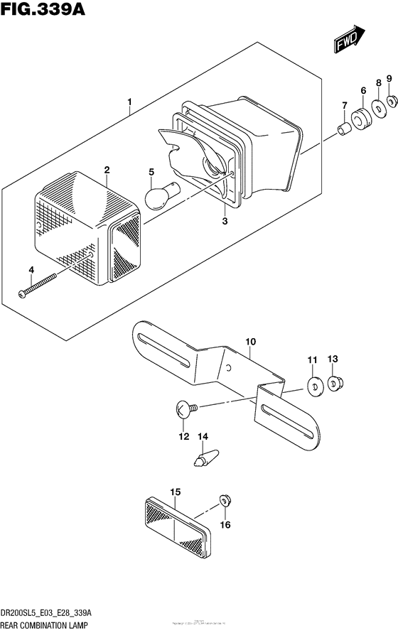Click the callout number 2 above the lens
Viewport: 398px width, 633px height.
tap(107, 170)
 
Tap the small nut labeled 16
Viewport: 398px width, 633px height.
tap(225, 500)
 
